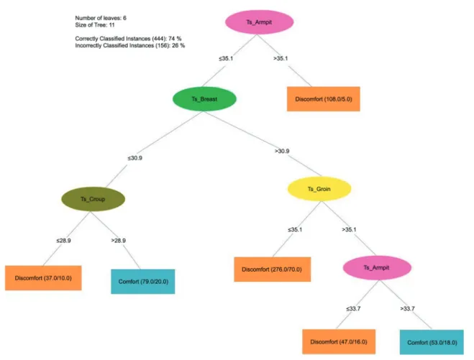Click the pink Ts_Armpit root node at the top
(x=260, y=22)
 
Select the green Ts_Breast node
(x=204, y=99)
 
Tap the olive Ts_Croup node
(x=93, y=199)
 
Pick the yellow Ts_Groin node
(x=319, y=189)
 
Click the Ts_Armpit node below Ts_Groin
(x=377, y=267)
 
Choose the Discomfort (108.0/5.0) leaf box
(x=324, y=99)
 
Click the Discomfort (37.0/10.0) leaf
(x=43, y=278)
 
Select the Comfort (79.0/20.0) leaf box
(x=143, y=282)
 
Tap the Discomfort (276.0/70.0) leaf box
(x=272, y=269)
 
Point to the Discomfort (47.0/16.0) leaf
(x=339, y=342)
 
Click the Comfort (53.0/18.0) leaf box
(x=432, y=343)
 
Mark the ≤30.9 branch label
(x=135, y=158)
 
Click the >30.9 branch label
(x=282, y=151)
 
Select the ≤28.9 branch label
(x=63, y=241)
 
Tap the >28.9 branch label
(x=118, y=241)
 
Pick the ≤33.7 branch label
(x=353, y=309)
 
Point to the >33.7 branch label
(x=407, y=309)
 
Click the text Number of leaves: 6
(x=101, y=18)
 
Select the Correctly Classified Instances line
(x=128, y=39)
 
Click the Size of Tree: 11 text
(x=95, y=25)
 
